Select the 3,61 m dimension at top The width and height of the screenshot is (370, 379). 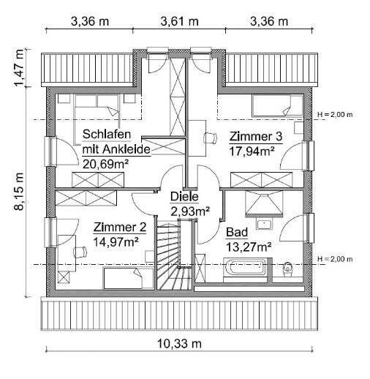pyautogui.click(x=179, y=21)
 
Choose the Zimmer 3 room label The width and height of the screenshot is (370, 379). pyautogui.click(x=256, y=137)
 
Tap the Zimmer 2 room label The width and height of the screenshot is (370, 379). pyautogui.click(x=121, y=227)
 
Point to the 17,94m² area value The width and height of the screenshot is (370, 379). pyautogui.click(x=252, y=151)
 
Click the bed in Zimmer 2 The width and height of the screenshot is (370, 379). pyautogui.click(x=121, y=277)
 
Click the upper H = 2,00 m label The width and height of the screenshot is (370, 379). pyautogui.click(x=335, y=115)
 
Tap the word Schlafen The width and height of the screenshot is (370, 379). pyautogui.click(x=107, y=135)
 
